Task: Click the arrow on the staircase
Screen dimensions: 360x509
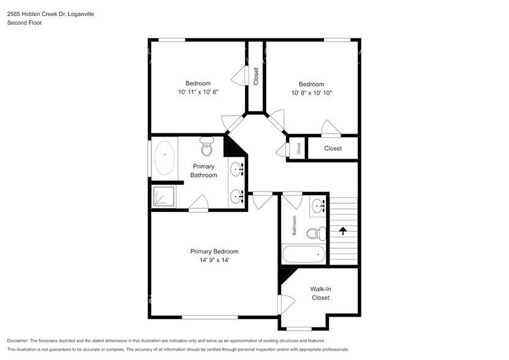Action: coord(342,231)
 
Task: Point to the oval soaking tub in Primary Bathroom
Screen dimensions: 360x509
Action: coord(164,158)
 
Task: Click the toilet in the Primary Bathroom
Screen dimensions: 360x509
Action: coord(206,147)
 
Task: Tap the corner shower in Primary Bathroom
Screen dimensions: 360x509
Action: coord(163,197)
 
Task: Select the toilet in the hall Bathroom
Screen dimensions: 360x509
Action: coord(313,233)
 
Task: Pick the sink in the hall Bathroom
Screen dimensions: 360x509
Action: coord(317,205)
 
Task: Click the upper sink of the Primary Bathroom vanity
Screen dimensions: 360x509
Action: coord(237,169)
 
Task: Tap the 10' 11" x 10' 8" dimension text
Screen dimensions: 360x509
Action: coord(198,92)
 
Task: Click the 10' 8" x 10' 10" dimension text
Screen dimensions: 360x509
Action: coord(311,92)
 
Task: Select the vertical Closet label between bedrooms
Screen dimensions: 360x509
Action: coord(256,77)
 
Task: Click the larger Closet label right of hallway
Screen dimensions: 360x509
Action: coord(333,149)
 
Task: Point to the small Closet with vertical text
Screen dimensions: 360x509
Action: coord(298,149)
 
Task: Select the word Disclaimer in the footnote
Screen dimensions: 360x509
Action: coord(21,340)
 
